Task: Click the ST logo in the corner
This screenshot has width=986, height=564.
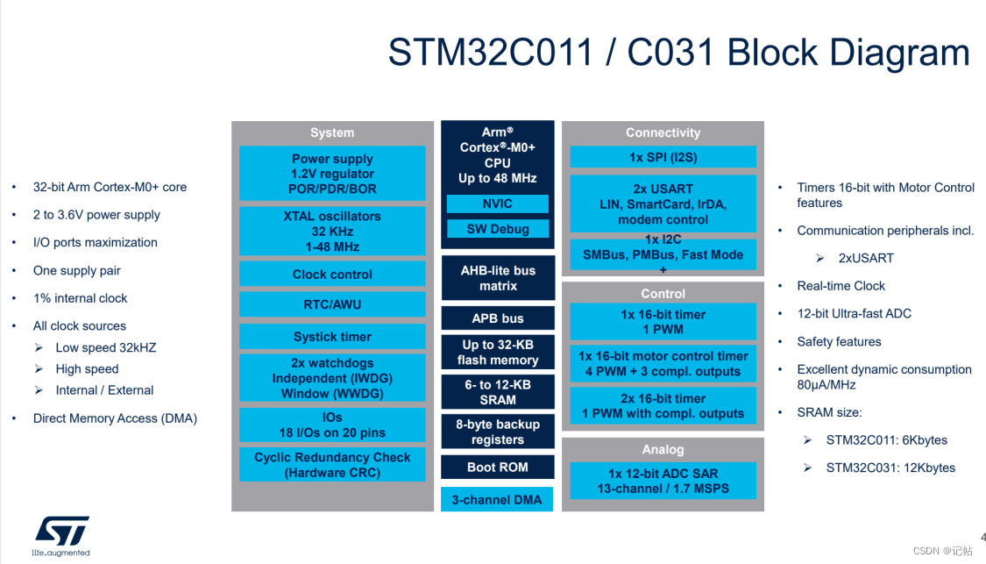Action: tap(61, 532)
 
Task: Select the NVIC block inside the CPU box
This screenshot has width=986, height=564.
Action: tap(497, 203)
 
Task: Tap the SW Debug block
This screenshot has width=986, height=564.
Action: tap(497, 229)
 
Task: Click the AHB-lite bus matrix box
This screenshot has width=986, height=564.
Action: tap(497, 278)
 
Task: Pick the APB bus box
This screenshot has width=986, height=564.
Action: tap(497, 318)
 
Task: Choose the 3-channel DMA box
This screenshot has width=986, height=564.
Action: tap(497, 500)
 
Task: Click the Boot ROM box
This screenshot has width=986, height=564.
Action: tap(497, 467)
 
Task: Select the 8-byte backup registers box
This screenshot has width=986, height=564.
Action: tap(497, 432)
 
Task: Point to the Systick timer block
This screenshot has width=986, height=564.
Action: tap(332, 337)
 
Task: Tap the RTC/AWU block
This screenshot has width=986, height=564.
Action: tap(332, 304)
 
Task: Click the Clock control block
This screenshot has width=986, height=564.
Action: tap(332, 274)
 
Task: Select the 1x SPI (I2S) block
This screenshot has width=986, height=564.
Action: tap(663, 157)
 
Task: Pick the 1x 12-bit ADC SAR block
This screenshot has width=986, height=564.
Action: tap(663, 481)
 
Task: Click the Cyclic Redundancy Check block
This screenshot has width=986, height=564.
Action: tap(332, 465)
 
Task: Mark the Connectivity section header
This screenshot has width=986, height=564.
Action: tap(663, 132)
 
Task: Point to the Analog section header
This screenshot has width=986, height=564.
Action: tap(663, 449)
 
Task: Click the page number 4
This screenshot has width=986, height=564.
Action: tap(982, 538)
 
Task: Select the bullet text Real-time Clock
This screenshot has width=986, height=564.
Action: tap(841, 286)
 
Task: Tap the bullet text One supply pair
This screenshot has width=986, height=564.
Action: tap(77, 270)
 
